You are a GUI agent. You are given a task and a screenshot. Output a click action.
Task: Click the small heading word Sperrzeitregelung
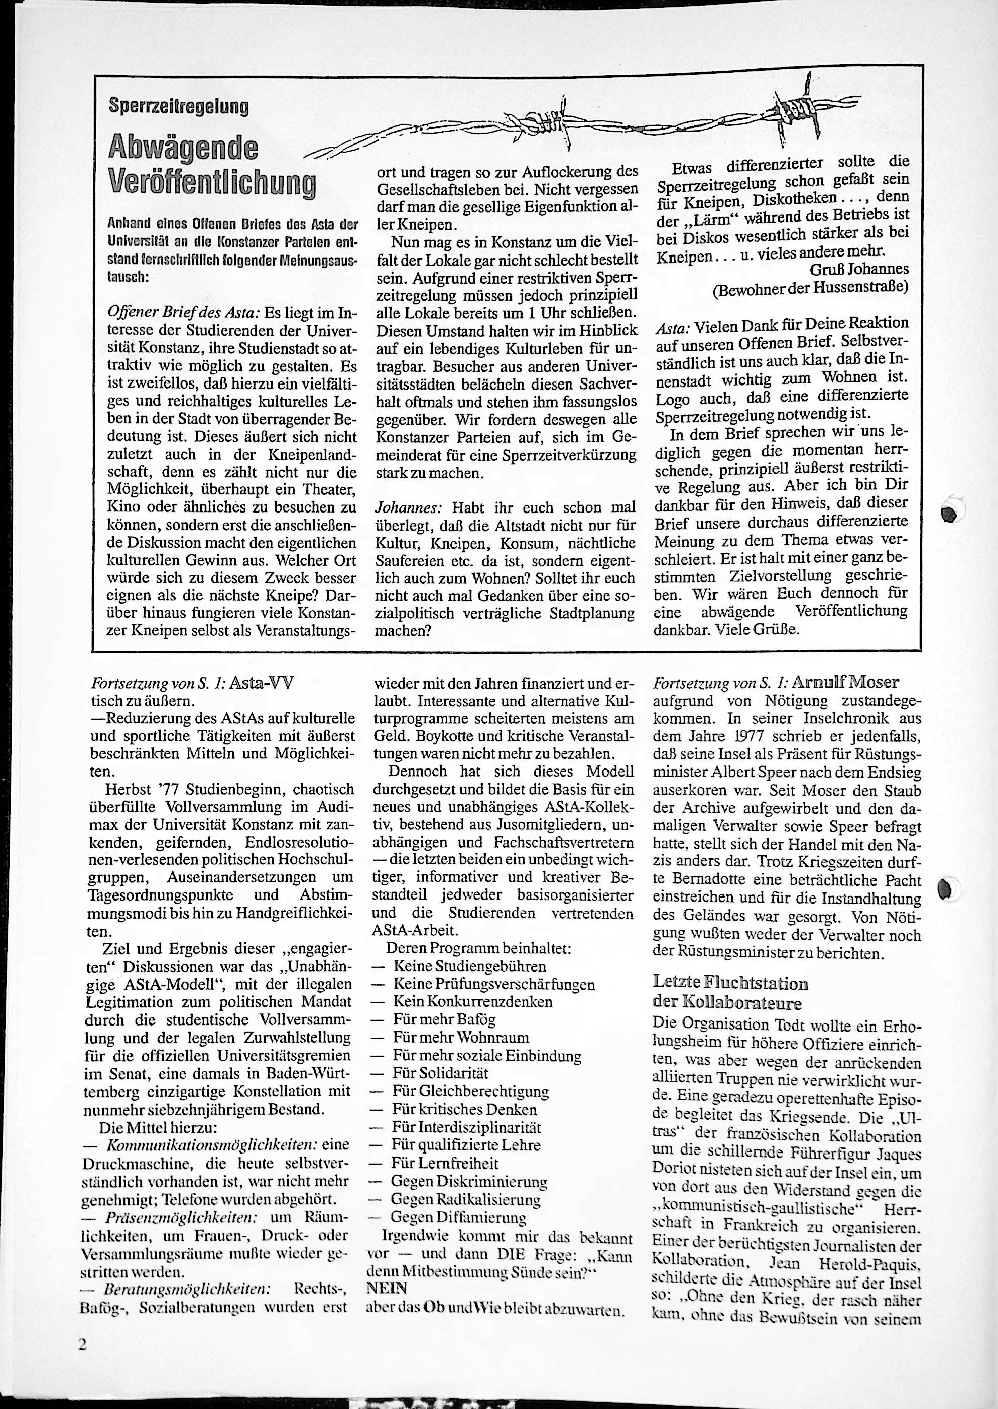[178, 107]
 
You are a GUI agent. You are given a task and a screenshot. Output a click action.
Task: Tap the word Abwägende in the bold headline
[183, 148]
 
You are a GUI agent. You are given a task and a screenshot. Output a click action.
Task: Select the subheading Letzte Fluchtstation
[730, 983]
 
